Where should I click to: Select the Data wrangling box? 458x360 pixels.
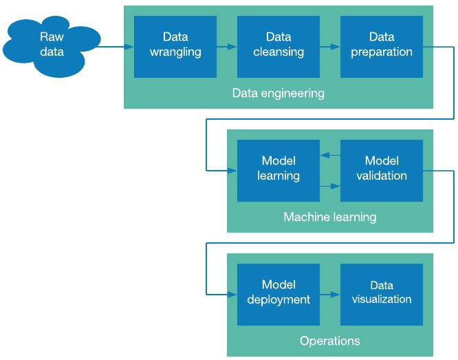tap(175, 46)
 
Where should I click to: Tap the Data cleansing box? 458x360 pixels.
tap(279, 46)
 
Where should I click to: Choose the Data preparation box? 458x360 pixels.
tap(382, 46)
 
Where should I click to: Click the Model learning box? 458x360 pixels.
tap(279, 170)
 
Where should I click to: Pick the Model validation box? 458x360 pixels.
tap(382, 170)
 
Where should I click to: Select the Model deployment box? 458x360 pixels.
tap(279, 294)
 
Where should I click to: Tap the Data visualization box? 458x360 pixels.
tap(382, 294)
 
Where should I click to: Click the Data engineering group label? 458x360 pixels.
tap(279, 93)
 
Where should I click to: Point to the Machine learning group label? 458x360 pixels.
tap(330, 217)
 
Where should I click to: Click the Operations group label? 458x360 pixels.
tap(330, 341)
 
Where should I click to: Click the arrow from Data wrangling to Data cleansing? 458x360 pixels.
tap(227, 47)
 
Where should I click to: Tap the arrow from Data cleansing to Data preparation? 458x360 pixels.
tap(330, 47)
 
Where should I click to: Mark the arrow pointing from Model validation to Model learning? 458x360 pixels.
tap(330, 156)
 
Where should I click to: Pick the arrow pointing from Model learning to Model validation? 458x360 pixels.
tap(330, 185)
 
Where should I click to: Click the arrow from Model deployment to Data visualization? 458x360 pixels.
tap(330, 295)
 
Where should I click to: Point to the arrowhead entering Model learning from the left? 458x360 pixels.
tap(233, 170)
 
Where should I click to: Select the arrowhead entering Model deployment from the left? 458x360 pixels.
tap(233, 295)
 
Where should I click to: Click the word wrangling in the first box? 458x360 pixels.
tap(175, 52)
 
